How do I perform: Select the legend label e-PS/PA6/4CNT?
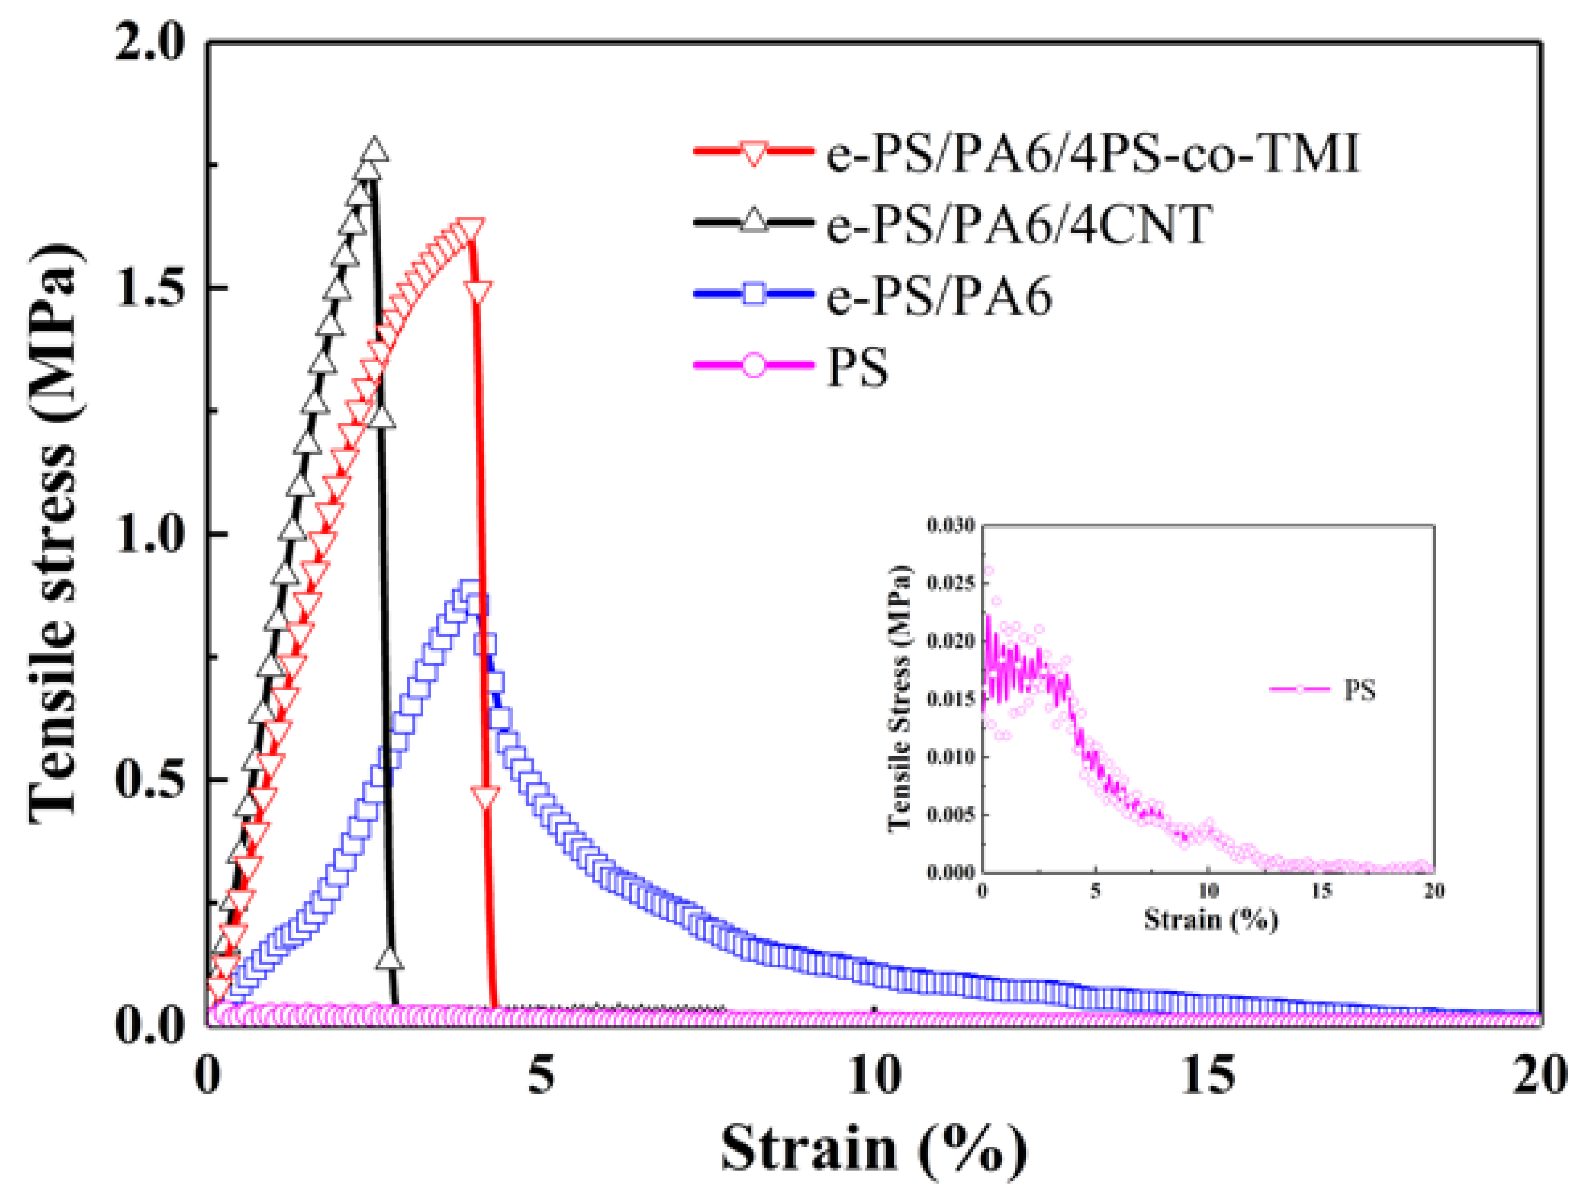click(1019, 223)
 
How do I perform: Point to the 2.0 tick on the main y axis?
click(150, 43)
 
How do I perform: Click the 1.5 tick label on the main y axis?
click(150, 288)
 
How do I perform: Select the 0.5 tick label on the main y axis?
click(150, 779)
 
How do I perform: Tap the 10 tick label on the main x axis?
click(875, 1075)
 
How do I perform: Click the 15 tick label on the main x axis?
click(1208, 1075)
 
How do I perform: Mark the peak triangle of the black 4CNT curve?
click(375, 150)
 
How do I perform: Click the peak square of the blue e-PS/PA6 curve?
click(469, 592)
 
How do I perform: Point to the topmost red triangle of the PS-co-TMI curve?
click(470, 230)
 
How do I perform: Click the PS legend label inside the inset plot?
click(1360, 690)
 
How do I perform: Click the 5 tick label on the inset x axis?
click(1095, 891)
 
